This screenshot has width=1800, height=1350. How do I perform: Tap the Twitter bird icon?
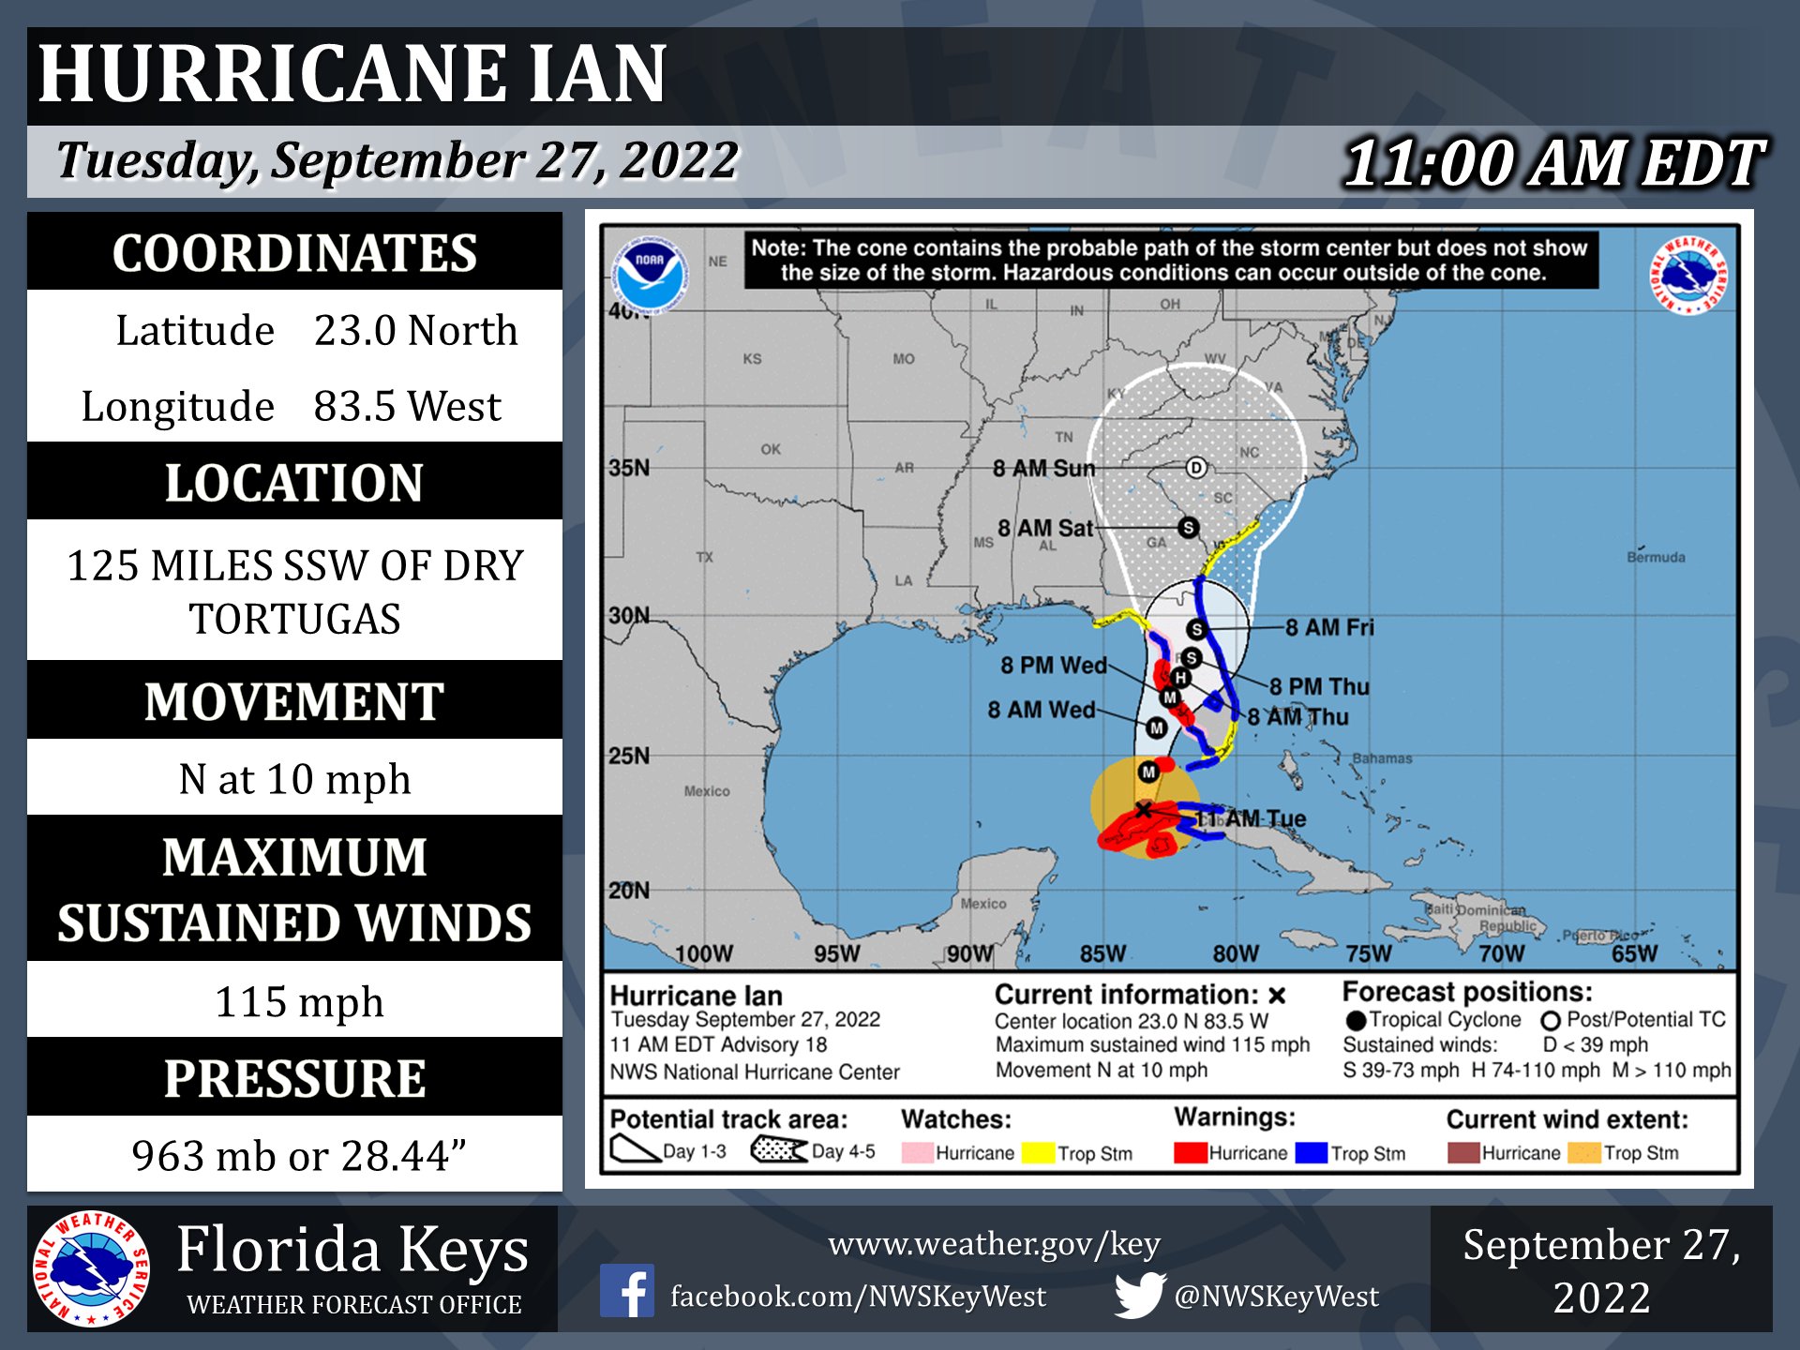[x=1139, y=1295]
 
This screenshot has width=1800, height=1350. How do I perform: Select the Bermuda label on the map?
[x=1656, y=557]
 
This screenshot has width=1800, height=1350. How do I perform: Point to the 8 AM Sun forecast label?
[x=1043, y=468]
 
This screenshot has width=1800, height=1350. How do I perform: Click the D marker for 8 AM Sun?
[x=1195, y=468]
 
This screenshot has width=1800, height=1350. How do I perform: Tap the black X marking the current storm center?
[x=1143, y=809]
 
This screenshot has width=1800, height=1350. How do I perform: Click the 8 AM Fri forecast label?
[x=1328, y=627]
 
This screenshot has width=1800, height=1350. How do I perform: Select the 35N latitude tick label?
[x=629, y=467]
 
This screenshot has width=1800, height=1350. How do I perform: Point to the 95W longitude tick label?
[x=836, y=953]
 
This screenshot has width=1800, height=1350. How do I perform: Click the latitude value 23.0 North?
[x=415, y=330]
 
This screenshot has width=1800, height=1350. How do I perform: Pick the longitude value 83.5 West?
[x=407, y=406]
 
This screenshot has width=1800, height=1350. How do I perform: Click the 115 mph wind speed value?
[x=299, y=1001]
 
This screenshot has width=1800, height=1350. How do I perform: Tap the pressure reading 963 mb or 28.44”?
[x=299, y=1155]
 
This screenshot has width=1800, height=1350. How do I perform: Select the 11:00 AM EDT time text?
[x=1553, y=163]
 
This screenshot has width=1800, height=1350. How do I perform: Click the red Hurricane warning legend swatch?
[x=1190, y=1152]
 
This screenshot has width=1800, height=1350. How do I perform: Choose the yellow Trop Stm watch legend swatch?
[x=1038, y=1152]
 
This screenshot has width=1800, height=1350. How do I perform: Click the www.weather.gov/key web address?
[x=994, y=1244]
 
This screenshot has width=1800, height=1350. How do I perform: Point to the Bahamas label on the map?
[x=1381, y=757]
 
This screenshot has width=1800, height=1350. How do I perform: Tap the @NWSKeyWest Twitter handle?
[x=1276, y=1296]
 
